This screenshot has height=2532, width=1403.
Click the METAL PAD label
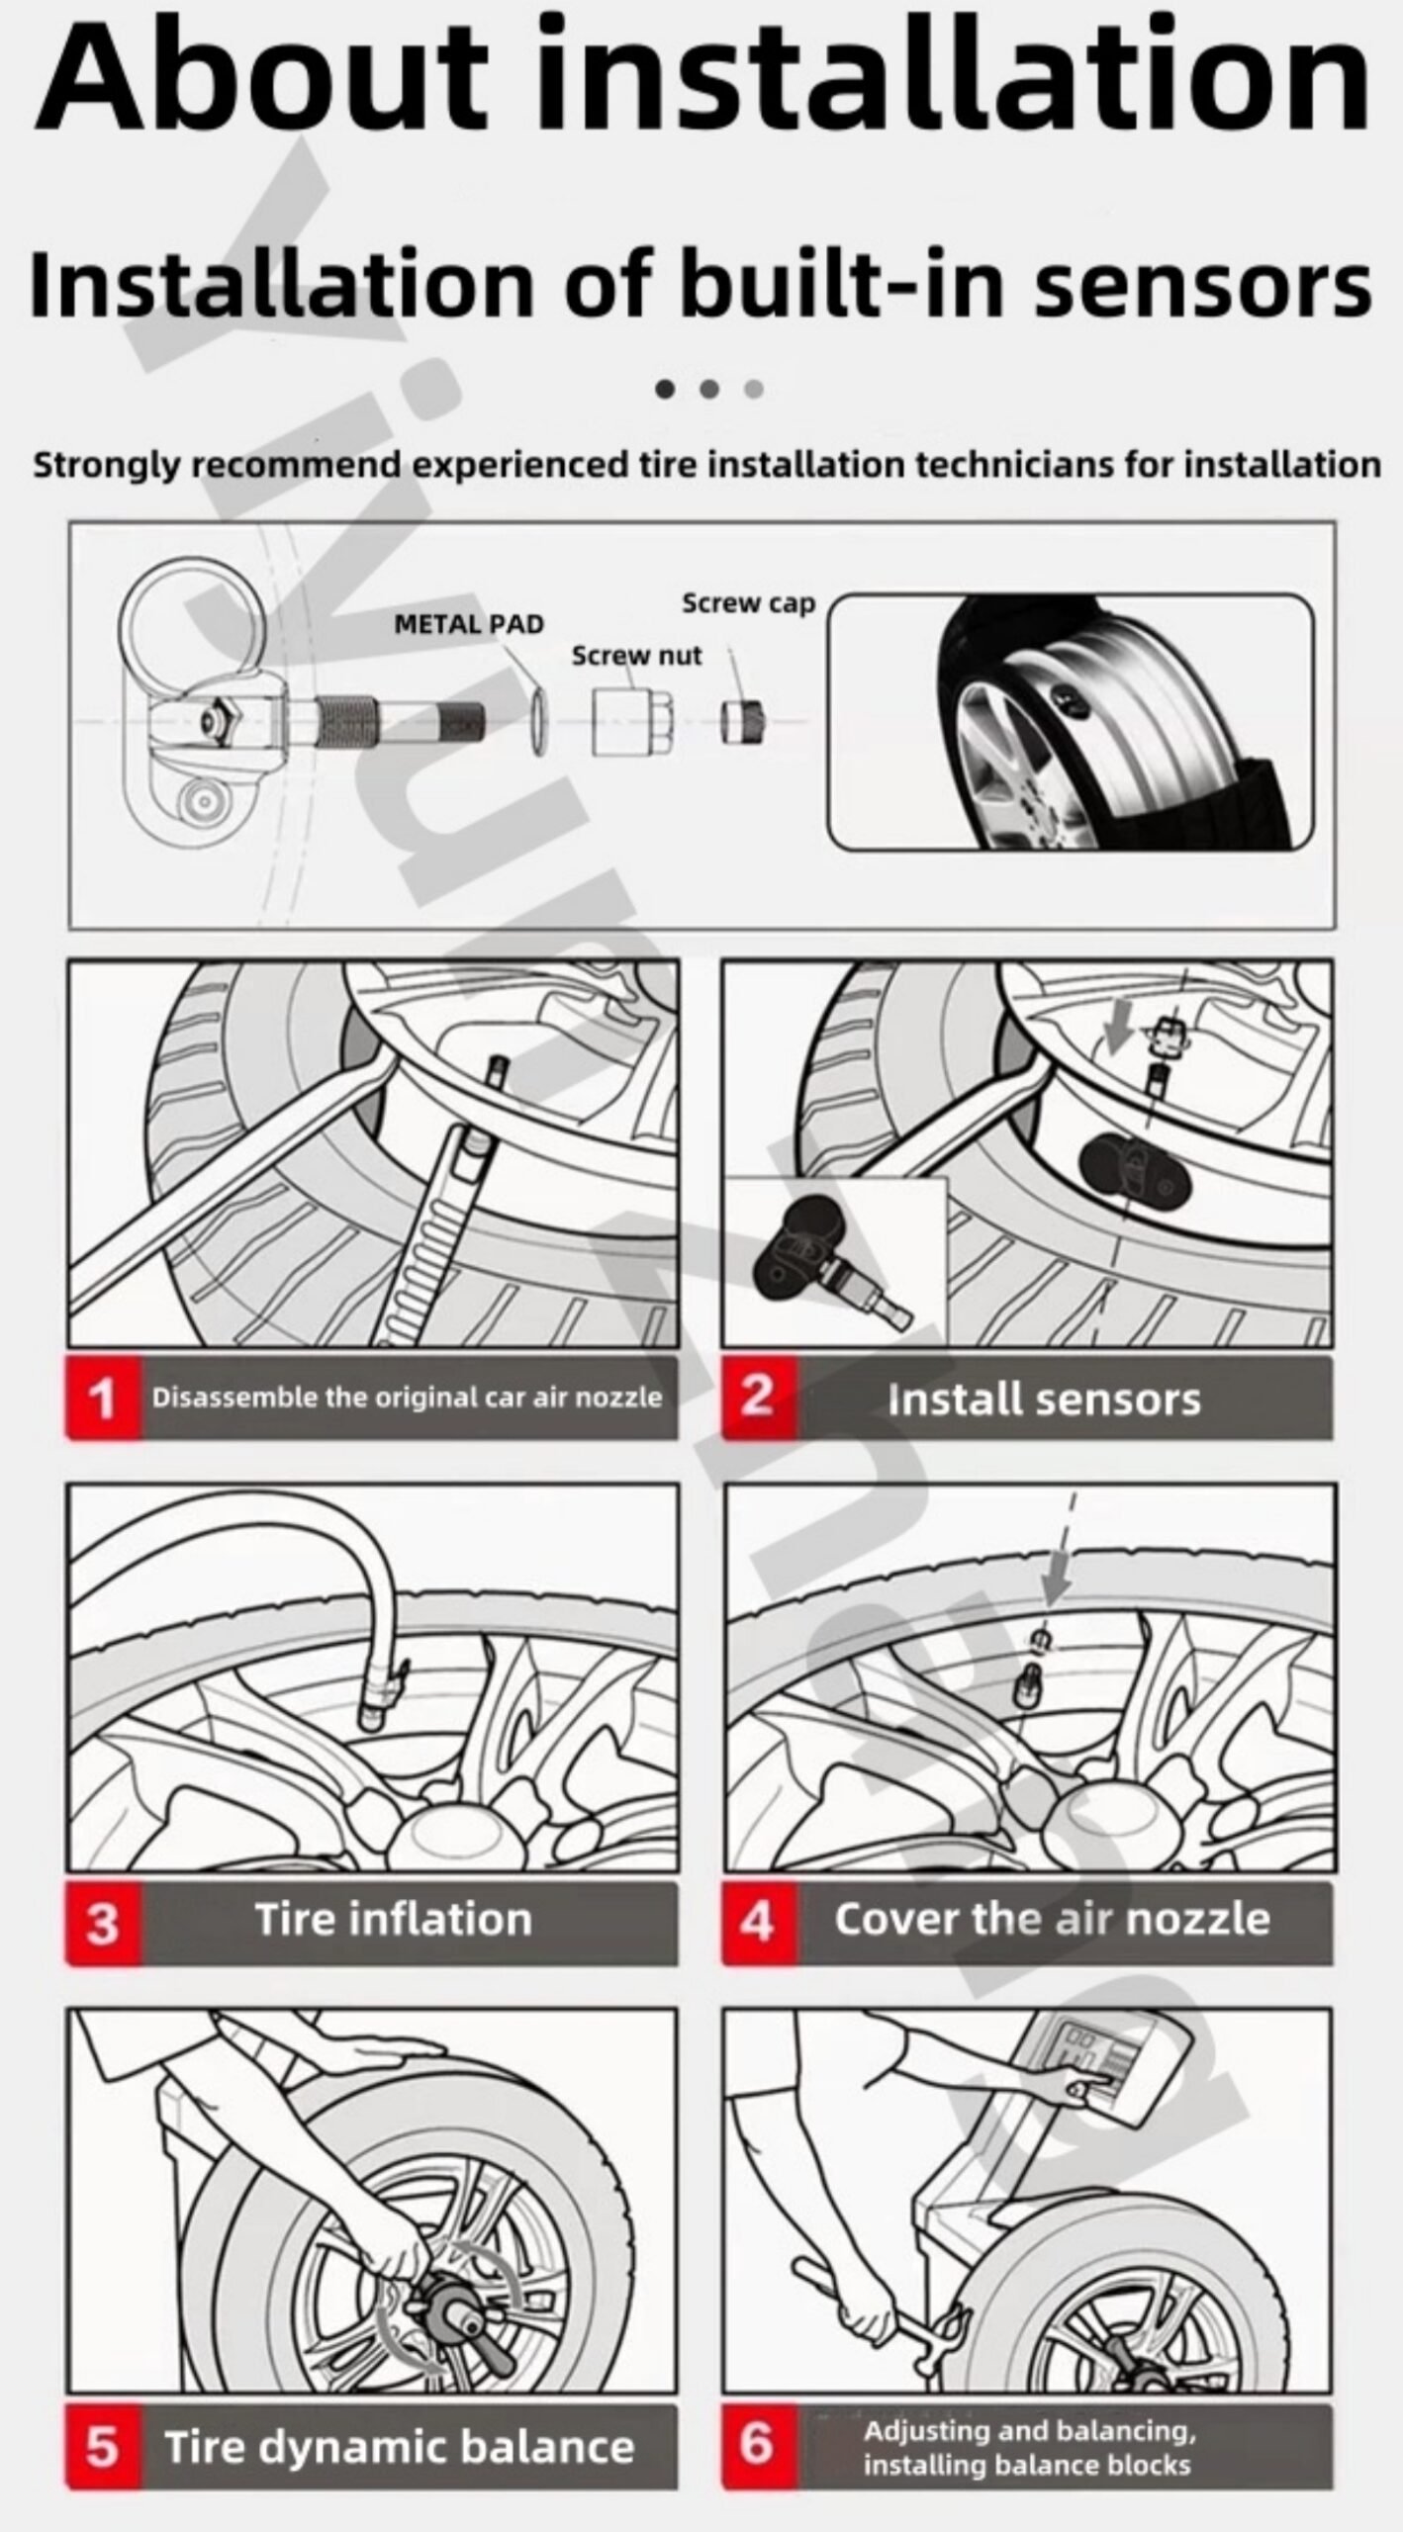pyautogui.click(x=469, y=624)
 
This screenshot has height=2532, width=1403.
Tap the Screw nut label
pyautogui.click(x=636, y=655)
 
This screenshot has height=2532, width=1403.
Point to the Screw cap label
pyautogui.click(x=748, y=603)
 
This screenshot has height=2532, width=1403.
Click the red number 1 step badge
pyautogui.click(x=104, y=1398)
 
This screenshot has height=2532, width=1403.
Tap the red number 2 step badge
pyautogui.click(x=759, y=1398)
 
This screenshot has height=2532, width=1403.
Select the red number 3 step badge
pyautogui.click(x=104, y=1923)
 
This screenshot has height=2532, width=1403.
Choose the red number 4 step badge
pyautogui.click(x=759, y=1923)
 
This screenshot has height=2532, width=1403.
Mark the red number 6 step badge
pyautogui.click(x=759, y=2446)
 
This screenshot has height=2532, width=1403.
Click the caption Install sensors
pyautogui.click(x=1044, y=1400)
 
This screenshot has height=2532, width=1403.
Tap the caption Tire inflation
pyautogui.click(x=394, y=1920)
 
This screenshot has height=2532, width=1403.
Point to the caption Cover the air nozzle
pyautogui.click(x=1052, y=1920)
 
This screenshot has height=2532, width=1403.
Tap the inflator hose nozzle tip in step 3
pyautogui.click(x=373, y=1718)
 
